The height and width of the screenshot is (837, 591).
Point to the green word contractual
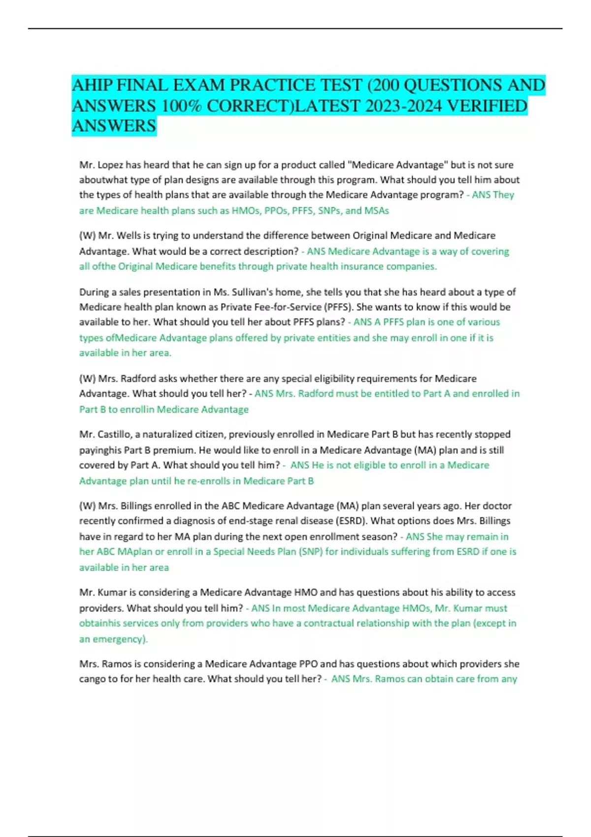pyautogui.click(x=328, y=623)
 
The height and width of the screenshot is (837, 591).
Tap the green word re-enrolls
pyautogui.click(x=207, y=481)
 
